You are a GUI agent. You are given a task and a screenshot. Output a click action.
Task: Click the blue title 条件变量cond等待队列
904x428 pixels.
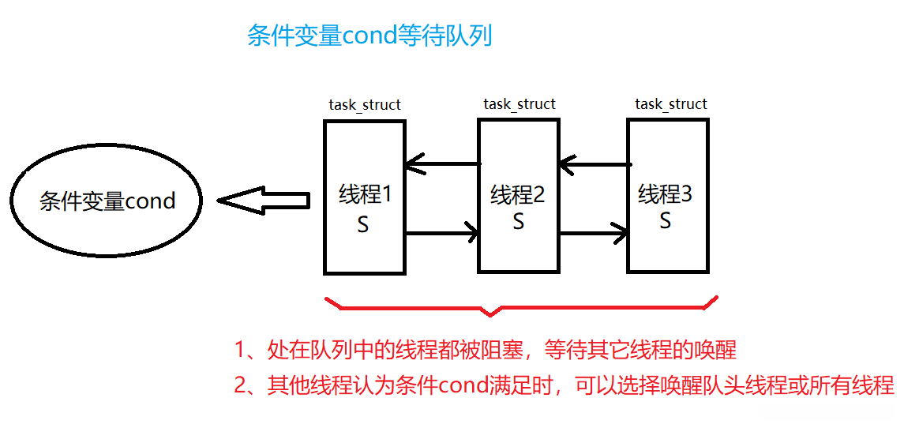click(369, 36)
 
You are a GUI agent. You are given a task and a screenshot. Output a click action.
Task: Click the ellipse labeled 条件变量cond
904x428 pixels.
click(107, 201)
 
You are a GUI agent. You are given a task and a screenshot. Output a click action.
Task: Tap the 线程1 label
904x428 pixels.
click(365, 194)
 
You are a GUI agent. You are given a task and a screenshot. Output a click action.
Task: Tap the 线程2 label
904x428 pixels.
click(518, 194)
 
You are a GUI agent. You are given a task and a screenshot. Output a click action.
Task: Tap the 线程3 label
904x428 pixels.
click(665, 193)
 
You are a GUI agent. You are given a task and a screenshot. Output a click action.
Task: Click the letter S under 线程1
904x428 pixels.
click(363, 225)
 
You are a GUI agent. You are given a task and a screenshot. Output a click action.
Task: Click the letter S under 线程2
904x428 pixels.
click(518, 222)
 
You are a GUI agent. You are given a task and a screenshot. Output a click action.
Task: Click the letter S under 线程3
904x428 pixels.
click(665, 221)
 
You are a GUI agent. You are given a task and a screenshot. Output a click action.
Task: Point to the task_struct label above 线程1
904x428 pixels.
click(365, 105)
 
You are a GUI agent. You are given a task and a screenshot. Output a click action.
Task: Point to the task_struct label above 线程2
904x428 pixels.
click(520, 104)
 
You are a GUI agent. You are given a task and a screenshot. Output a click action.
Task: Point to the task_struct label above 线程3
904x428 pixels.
click(671, 104)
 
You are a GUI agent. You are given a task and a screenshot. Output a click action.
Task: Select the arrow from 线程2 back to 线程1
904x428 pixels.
click(442, 165)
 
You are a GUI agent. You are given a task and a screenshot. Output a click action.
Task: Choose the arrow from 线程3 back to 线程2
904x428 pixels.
click(594, 165)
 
